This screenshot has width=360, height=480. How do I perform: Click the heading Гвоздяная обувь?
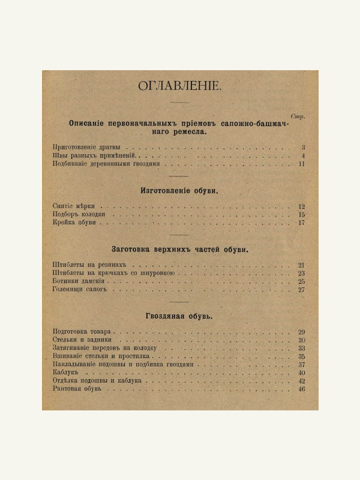[179, 316]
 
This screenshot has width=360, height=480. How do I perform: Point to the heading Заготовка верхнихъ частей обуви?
[179, 248]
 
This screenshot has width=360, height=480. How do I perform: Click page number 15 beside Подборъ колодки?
[302, 214]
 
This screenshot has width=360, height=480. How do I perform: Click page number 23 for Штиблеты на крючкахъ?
[302, 274]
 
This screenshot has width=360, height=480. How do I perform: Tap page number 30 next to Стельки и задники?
[302, 340]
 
